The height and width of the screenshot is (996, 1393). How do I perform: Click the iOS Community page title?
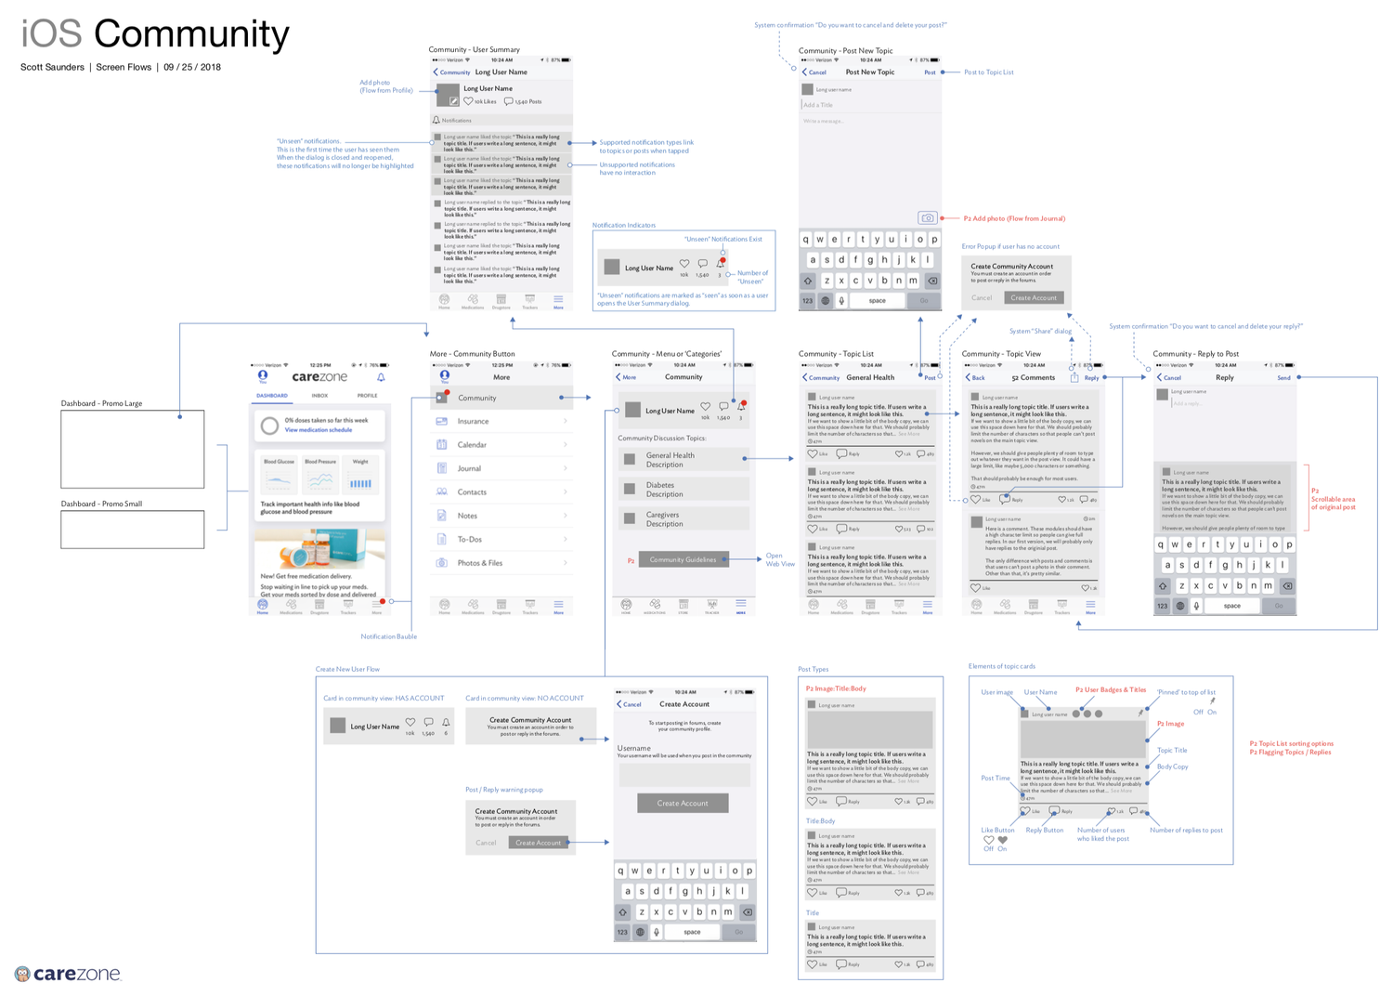[155, 34]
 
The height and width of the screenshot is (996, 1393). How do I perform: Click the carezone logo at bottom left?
[69, 974]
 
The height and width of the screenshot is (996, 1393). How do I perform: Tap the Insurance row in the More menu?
[501, 422]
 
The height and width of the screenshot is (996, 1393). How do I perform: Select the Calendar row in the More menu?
[501, 445]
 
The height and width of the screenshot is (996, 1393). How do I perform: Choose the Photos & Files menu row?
[501, 563]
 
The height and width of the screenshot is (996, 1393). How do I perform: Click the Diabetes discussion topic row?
[684, 489]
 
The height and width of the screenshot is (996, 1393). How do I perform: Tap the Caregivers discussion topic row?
[684, 518]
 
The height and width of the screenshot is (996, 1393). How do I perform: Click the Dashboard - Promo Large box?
[132, 450]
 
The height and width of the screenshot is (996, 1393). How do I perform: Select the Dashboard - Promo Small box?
[132, 530]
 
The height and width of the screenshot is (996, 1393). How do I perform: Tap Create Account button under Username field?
[683, 803]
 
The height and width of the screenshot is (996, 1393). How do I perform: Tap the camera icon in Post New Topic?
[927, 218]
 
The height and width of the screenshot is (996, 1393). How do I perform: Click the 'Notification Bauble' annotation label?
[388, 636]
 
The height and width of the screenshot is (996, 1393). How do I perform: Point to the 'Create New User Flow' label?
[347, 669]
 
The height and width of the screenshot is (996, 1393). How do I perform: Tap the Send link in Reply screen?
[1283, 378]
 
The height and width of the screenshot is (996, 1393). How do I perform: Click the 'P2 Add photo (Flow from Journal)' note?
[1014, 218]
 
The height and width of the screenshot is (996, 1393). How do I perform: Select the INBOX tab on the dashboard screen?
[319, 396]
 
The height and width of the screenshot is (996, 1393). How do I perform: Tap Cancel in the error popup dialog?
[982, 298]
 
